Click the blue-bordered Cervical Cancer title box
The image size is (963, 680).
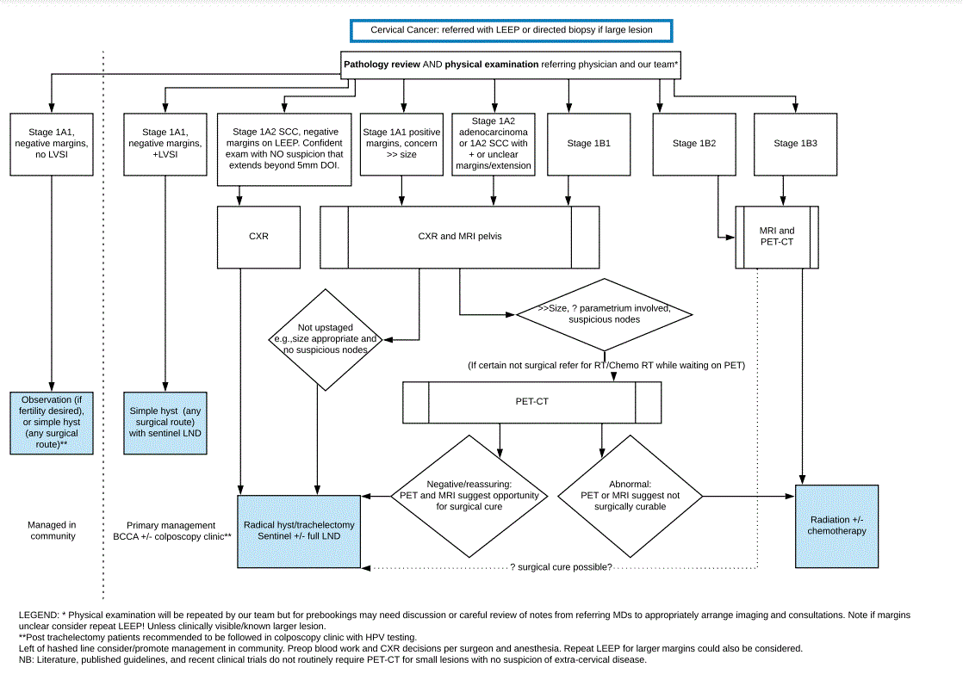511,30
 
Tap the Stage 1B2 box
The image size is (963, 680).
693,144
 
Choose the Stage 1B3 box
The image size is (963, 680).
795,144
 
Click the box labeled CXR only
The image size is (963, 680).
258,236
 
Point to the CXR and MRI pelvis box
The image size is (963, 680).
459,236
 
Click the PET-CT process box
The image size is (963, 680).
531,402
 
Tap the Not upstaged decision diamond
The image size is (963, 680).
324,339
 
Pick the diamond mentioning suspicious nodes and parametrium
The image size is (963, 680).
602,313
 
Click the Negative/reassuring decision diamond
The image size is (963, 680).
469,496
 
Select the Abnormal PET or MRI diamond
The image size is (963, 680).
630,496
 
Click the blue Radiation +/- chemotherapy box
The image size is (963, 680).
836,525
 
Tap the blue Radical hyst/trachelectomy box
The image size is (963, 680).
299,531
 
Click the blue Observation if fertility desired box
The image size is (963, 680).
52,422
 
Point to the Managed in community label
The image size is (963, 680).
52,530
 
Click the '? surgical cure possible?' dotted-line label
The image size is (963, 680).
561,566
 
